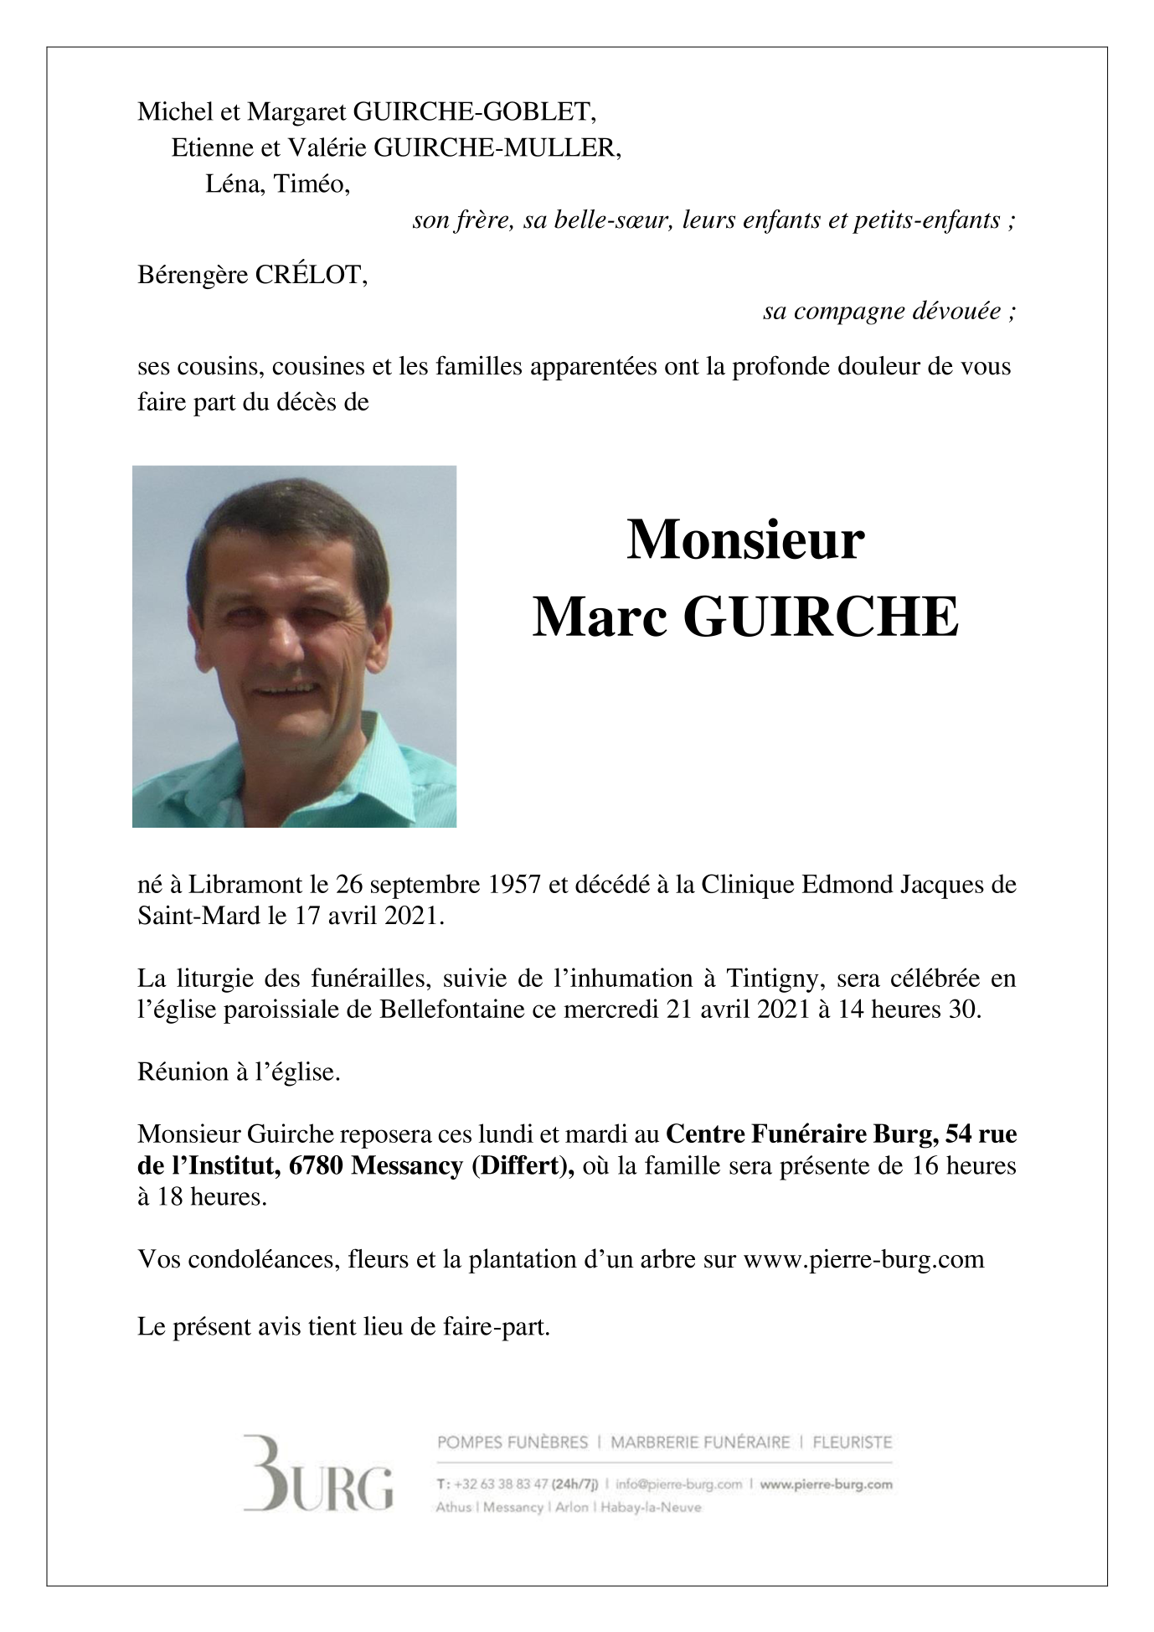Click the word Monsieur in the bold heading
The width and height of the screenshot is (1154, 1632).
pyautogui.click(x=744, y=540)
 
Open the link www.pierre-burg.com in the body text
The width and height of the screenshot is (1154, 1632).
pyautogui.click(x=863, y=1259)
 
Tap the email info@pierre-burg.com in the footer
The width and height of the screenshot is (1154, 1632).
pyautogui.click(x=678, y=1484)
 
